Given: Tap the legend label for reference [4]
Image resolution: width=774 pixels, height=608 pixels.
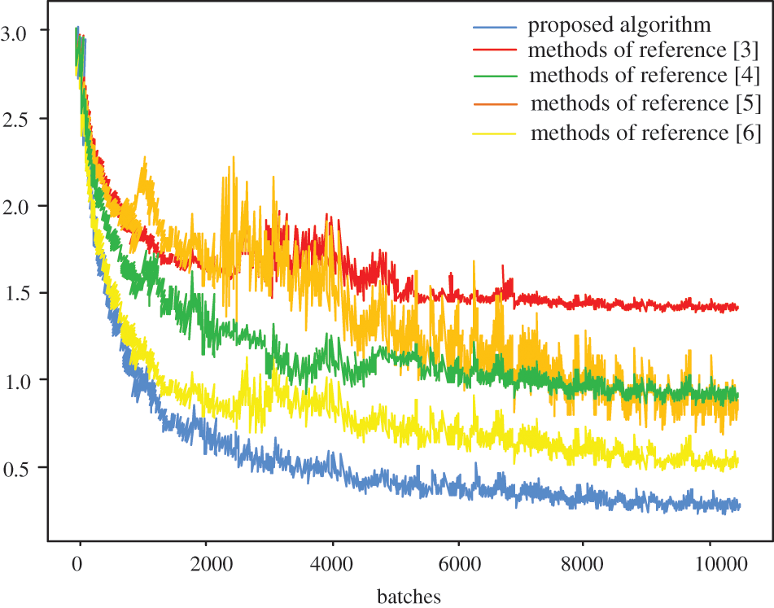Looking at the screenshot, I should pyautogui.click(x=644, y=77).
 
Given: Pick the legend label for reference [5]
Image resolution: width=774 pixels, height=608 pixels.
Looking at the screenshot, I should pyautogui.click(x=645, y=103).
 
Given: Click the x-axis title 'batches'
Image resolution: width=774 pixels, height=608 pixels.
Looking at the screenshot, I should pyautogui.click(x=409, y=597).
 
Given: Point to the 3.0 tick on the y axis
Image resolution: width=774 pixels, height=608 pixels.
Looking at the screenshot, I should pyautogui.click(x=25, y=32).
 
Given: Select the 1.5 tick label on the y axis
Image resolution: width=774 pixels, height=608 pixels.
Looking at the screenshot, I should pyautogui.click(x=25, y=293).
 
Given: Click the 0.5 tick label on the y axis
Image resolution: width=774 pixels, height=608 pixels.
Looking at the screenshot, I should pyautogui.click(x=25, y=468).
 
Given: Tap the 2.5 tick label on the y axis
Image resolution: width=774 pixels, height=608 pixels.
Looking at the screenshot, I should pyautogui.click(x=25, y=119).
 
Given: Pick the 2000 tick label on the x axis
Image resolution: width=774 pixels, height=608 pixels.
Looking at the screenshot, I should pyautogui.click(x=206, y=562).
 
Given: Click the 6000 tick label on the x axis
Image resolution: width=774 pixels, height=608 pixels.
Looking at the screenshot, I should pyautogui.click(x=458, y=562).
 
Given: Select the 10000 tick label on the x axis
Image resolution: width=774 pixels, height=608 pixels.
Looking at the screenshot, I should pyautogui.click(x=710, y=562).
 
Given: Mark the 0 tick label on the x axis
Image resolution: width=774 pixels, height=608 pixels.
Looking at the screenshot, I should pyautogui.click(x=79, y=562).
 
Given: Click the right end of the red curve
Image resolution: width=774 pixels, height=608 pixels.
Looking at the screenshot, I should pyautogui.click(x=737, y=308).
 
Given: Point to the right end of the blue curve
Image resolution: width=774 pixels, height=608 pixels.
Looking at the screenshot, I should pyautogui.click(x=739, y=506).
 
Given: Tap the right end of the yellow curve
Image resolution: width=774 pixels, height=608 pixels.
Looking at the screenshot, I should pyautogui.click(x=737, y=462).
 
